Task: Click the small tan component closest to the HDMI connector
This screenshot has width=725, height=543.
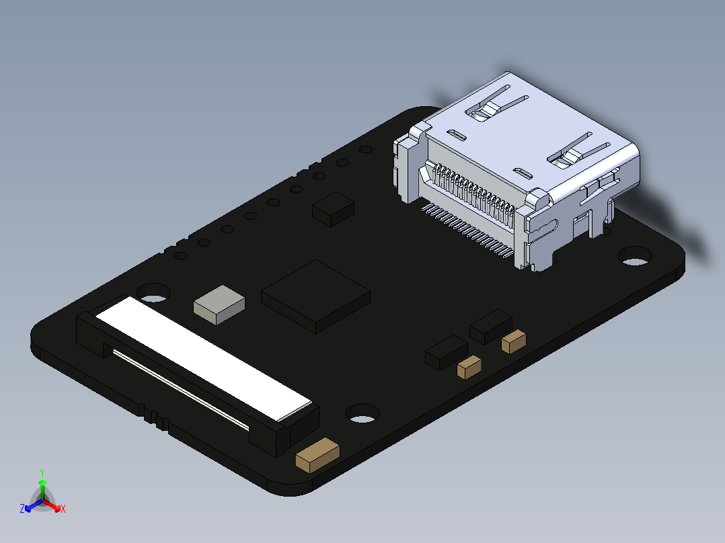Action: point(514,341)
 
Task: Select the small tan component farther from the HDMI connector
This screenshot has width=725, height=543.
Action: point(469,366)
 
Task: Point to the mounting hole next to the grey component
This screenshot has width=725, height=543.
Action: point(154,292)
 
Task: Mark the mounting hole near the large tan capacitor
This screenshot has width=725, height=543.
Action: point(362,413)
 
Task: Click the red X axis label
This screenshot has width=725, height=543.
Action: point(63,509)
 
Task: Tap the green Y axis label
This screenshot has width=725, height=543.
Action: point(42,472)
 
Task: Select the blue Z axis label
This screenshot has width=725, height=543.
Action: point(22,509)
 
